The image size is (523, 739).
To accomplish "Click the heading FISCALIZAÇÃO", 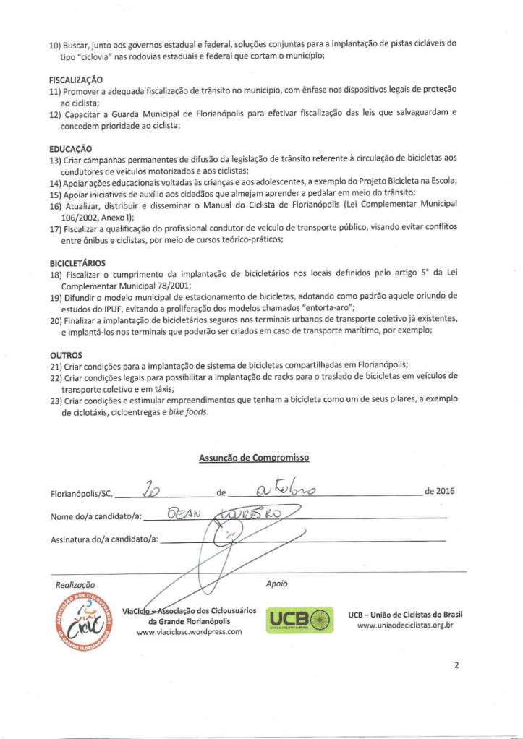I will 76,79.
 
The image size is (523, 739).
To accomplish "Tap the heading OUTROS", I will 65,355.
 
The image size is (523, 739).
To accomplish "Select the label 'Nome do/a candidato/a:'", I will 96,516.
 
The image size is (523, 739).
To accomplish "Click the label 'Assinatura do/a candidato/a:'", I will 105,540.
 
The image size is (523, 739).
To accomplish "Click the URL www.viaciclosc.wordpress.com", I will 189,632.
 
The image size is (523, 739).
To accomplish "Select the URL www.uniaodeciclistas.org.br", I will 405,625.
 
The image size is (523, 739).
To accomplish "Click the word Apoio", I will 276,583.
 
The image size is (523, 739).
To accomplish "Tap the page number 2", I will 456,665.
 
